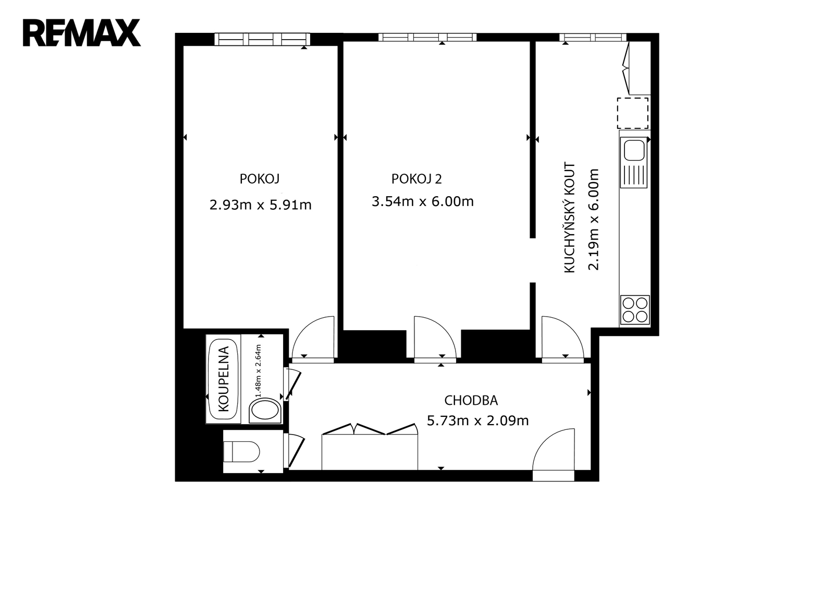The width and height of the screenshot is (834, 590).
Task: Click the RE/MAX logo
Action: (x=82, y=33)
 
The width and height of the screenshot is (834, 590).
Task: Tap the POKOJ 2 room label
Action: (x=416, y=179)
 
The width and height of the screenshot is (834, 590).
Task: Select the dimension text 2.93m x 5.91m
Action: (x=260, y=205)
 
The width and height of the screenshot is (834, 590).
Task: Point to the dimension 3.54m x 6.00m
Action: (x=423, y=202)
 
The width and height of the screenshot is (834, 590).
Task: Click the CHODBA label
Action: (x=471, y=401)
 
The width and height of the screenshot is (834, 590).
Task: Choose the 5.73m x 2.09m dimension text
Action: (x=477, y=421)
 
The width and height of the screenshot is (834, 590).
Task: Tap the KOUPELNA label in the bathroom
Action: (x=224, y=379)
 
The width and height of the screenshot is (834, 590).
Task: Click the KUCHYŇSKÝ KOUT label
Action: (x=570, y=218)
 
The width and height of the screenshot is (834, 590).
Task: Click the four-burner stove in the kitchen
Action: (x=635, y=310)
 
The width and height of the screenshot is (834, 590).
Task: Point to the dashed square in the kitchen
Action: (x=633, y=113)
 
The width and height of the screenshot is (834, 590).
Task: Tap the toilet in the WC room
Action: (x=241, y=452)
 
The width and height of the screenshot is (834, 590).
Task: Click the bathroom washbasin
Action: (x=265, y=411)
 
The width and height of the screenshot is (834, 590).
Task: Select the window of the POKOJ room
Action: (x=262, y=39)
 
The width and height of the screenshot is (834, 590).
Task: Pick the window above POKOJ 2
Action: (x=427, y=37)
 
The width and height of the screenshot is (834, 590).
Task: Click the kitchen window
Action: (x=593, y=37)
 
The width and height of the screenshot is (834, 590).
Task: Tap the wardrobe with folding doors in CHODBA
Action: (x=370, y=447)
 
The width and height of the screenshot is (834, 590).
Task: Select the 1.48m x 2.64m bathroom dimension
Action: (x=258, y=371)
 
